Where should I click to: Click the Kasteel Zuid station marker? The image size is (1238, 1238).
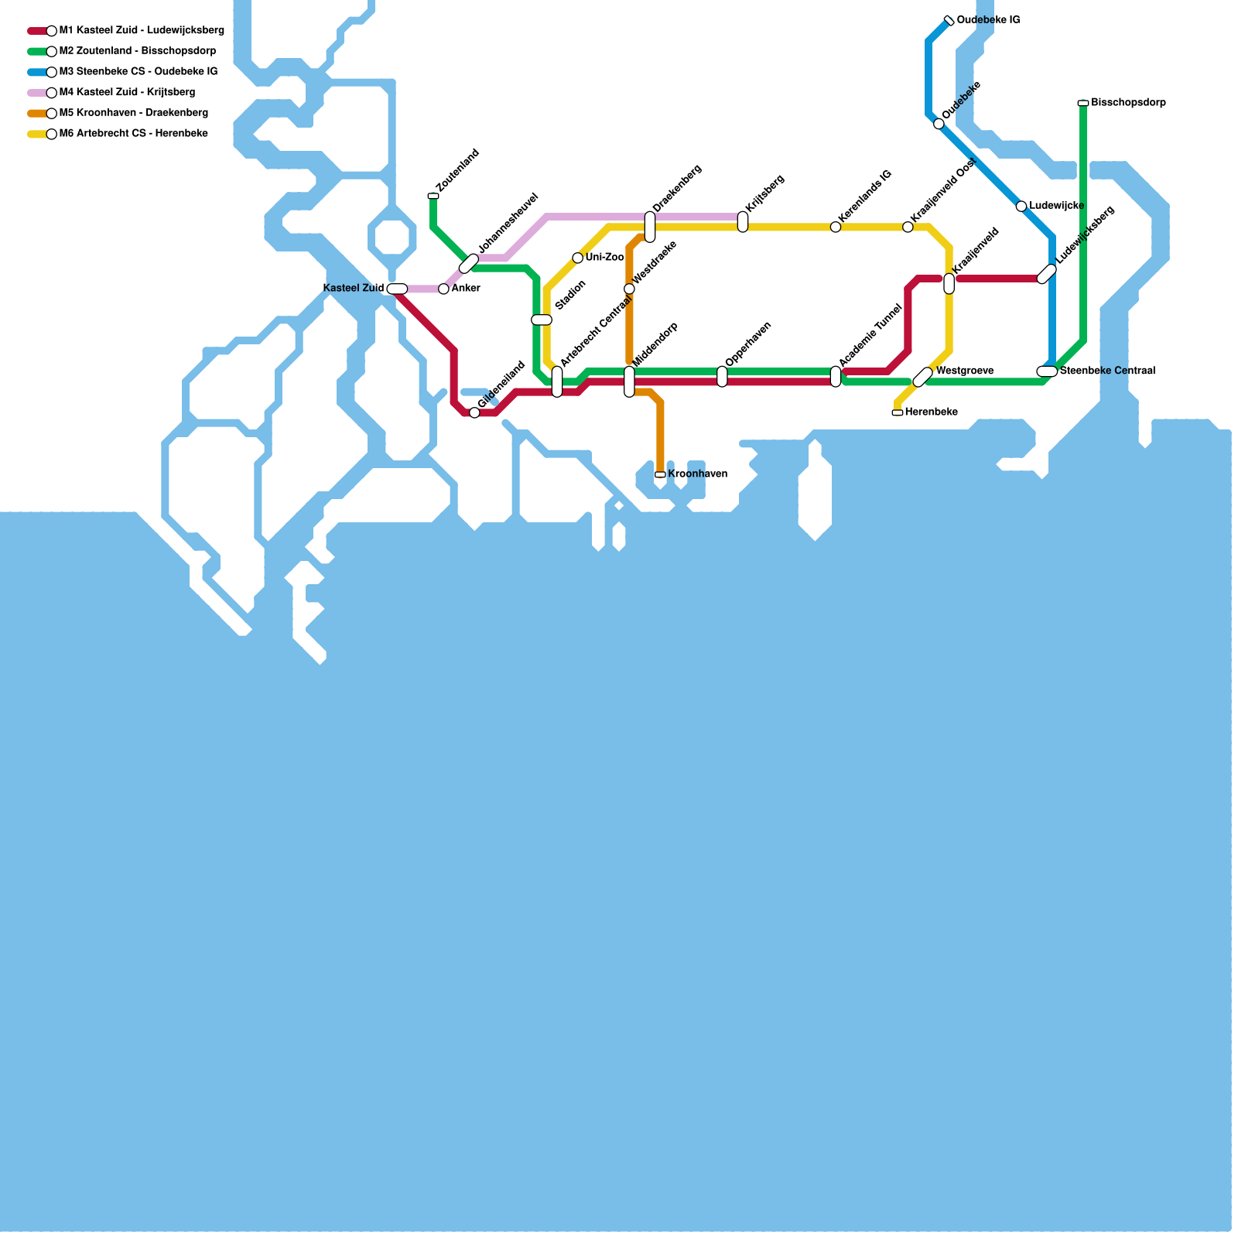tap(397, 289)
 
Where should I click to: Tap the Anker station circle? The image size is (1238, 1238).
tap(443, 289)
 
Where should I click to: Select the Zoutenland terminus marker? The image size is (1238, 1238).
tap(433, 196)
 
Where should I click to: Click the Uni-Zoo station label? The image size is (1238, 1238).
tap(604, 258)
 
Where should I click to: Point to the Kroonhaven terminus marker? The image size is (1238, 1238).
tap(660, 474)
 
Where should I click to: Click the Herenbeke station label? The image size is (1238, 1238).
tap(931, 412)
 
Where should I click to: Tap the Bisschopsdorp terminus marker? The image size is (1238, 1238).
tap(1083, 103)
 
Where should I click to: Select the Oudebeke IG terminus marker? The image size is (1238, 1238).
tap(949, 20)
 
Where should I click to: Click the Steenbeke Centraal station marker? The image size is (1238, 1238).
tap(1047, 371)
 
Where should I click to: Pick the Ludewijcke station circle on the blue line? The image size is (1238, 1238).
tap(1021, 206)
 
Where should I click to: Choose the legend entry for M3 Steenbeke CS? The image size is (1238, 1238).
tap(139, 72)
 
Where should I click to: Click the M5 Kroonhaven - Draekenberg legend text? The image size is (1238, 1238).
tap(133, 113)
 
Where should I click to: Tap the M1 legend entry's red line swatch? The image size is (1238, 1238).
tap(36, 31)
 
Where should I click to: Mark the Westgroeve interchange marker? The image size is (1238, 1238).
tap(923, 377)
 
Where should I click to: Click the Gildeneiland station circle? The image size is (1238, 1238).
tap(474, 412)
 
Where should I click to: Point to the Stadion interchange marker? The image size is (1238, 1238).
tap(542, 320)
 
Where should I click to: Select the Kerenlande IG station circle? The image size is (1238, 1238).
tap(836, 227)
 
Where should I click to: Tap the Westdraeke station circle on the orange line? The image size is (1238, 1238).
tap(629, 289)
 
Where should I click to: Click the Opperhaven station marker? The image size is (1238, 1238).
tap(722, 377)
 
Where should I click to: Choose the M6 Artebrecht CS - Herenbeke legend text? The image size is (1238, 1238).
tap(133, 134)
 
